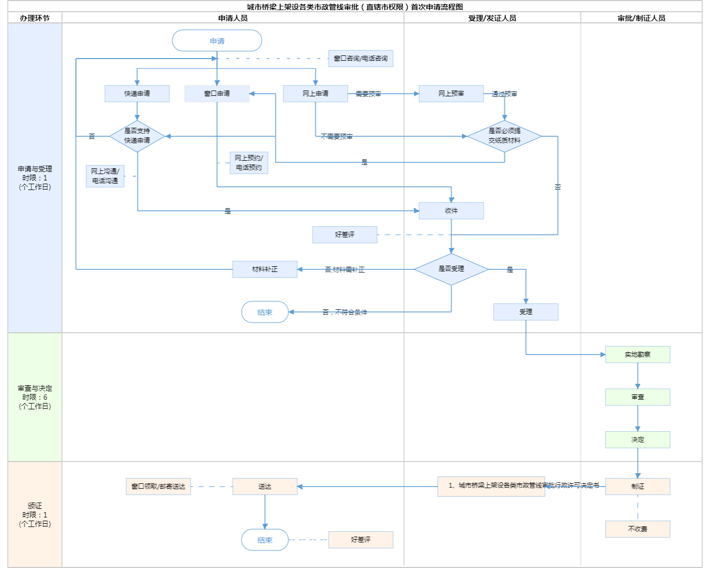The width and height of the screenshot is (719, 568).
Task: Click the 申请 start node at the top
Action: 217,41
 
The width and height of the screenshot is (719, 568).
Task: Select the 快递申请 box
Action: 137,94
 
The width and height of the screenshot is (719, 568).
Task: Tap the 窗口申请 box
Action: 217,94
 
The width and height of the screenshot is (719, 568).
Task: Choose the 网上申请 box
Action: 315,94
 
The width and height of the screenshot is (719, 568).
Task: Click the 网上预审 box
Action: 451,94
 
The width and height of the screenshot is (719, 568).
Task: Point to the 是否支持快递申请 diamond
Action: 137,136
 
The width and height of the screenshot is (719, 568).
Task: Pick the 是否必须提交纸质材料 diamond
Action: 504,136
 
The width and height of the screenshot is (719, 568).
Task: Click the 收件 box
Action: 451,211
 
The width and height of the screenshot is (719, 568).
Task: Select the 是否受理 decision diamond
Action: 451,269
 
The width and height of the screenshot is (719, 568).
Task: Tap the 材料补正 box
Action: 265,269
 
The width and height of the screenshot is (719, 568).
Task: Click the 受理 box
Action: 526,312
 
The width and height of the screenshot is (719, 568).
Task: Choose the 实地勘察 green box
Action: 638,355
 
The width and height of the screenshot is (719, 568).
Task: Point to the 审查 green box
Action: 638,397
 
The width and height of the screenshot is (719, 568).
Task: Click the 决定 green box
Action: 638,440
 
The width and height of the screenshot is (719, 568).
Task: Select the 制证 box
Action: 638,487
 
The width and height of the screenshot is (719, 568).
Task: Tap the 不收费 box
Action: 638,529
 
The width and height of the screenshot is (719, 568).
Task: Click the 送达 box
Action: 265,487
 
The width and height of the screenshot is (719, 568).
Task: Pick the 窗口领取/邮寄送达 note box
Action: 158,487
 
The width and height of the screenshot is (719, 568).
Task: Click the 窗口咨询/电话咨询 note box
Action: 361,59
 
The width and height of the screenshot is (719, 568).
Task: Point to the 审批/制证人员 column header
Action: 641,18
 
